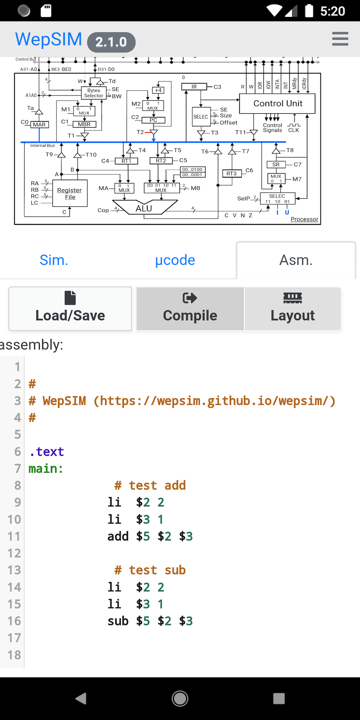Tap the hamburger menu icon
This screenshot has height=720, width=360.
coord(340,39)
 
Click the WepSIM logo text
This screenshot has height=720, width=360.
coord(49,39)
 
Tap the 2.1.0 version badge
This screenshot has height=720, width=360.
coord(111,42)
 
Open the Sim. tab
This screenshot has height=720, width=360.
coord(54,260)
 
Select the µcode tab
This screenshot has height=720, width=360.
coord(175,260)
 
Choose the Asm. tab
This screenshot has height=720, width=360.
coord(296,260)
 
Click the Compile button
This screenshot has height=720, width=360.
coord(190,309)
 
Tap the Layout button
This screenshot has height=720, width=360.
coord(292,309)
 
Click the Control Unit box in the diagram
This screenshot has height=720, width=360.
coord(277,103)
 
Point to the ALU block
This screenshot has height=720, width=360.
coord(144,208)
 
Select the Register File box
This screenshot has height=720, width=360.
coord(70,193)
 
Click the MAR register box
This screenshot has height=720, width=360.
coord(39,124)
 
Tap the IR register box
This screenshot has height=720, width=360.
coord(194,87)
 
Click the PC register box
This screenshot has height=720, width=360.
coord(153,120)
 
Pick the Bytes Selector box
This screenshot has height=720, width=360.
coord(94,93)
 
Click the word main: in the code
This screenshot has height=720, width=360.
coord(46,469)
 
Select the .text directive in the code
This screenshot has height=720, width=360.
coord(47,451)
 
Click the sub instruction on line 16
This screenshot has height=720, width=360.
coord(118,621)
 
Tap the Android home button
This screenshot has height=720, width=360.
coord(180,699)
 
